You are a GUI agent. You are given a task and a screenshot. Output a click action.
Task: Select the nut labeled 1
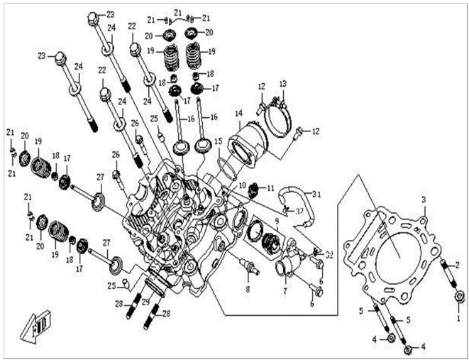pos(460,296)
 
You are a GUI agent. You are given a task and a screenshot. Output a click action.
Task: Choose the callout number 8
pos(247,290)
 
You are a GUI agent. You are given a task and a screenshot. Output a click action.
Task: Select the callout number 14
pos(239,113)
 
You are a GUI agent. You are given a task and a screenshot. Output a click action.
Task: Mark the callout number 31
pos(316,194)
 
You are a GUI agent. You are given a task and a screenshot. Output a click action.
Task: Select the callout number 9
pos(277,222)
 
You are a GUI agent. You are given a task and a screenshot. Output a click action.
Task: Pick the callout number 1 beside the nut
pos(458,320)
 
